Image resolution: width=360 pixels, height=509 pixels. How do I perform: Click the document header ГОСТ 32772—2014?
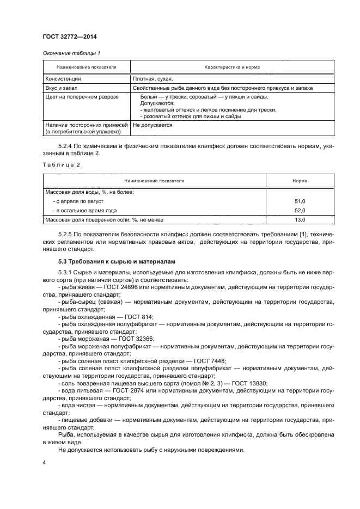click(x=66, y=37)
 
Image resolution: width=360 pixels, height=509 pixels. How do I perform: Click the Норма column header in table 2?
click(x=299, y=180)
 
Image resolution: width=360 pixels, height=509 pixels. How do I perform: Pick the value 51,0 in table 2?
click(x=300, y=201)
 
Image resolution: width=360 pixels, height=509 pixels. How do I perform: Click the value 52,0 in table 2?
click(x=300, y=210)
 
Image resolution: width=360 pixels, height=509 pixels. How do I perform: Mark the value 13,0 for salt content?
click(x=300, y=219)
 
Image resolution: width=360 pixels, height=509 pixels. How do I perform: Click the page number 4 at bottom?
click(x=44, y=462)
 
